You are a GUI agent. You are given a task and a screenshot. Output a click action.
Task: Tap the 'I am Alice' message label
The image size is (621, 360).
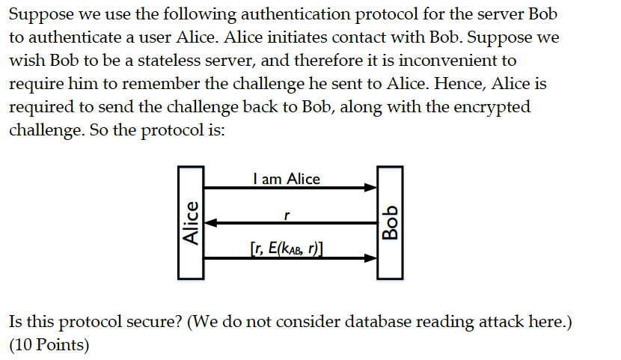(287, 179)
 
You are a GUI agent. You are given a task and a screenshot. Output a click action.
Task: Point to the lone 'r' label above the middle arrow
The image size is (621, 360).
(287, 215)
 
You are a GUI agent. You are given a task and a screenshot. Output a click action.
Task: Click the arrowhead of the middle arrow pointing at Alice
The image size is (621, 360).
(211, 222)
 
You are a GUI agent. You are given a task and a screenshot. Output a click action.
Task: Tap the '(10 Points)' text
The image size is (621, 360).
(49, 346)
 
